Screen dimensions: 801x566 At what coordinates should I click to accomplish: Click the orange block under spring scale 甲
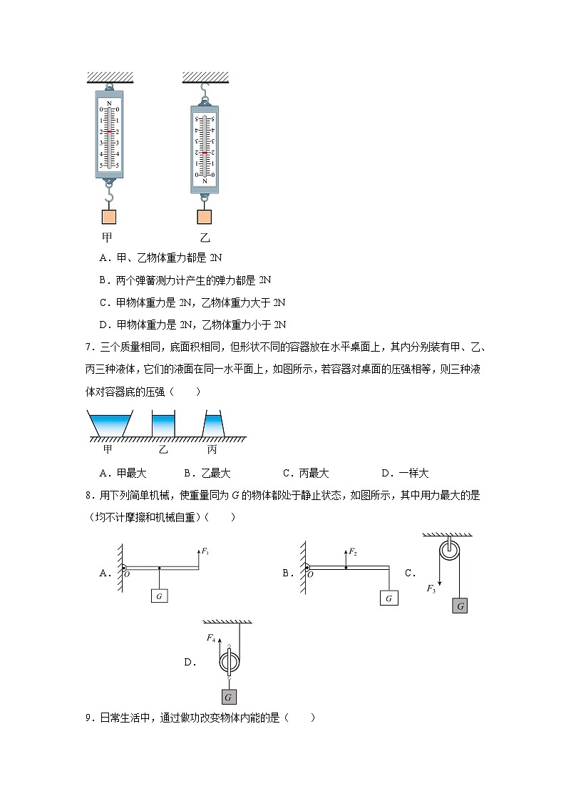pyautogui.click(x=109, y=217)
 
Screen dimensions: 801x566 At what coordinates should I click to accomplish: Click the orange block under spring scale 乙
pyautogui.click(x=204, y=218)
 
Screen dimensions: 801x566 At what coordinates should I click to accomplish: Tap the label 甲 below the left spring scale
pyautogui.click(x=108, y=238)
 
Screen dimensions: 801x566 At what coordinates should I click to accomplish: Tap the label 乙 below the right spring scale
pyautogui.click(x=205, y=238)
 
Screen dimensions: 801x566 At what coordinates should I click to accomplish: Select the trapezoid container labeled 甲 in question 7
pyautogui.click(x=108, y=424)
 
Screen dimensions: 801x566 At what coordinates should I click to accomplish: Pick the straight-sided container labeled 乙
pyautogui.click(x=163, y=424)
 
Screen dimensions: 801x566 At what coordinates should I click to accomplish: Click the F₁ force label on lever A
pyautogui.click(x=205, y=551)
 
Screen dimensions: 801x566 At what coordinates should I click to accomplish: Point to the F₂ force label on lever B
pyautogui.click(x=354, y=552)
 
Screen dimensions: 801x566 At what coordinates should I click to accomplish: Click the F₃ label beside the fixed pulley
pyautogui.click(x=431, y=588)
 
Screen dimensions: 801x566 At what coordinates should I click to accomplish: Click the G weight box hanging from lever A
pyautogui.click(x=159, y=596)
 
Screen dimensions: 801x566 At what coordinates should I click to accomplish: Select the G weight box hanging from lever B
pyautogui.click(x=389, y=598)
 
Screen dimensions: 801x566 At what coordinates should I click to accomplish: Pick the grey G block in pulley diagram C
pyautogui.click(x=460, y=606)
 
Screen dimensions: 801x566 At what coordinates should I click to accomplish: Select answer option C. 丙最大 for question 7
pyautogui.click(x=306, y=473)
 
